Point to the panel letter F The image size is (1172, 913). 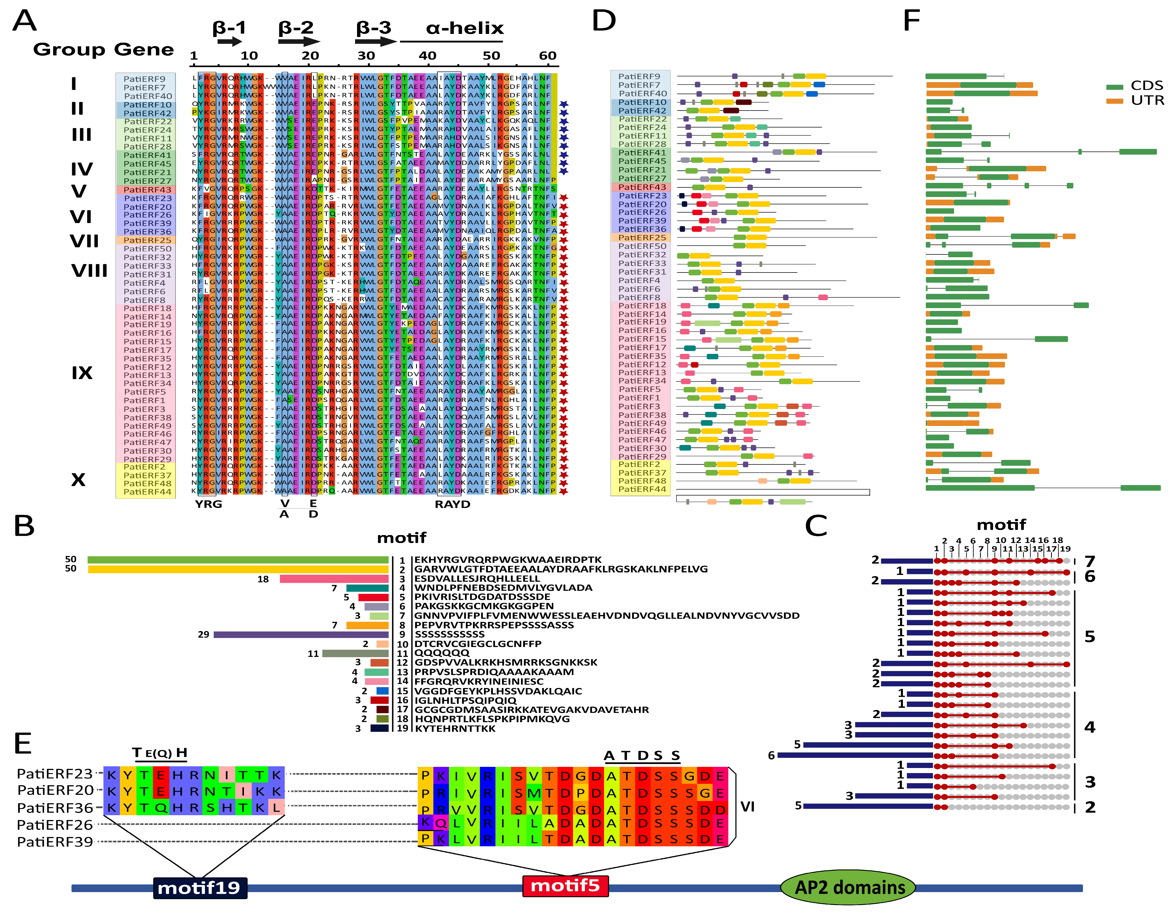[x=911, y=21]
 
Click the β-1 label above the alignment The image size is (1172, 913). [x=229, y=28]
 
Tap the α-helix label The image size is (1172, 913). [x=465, y=28]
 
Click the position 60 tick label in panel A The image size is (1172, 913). [x=547, y=56]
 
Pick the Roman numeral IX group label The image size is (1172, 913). [x=82, y=373]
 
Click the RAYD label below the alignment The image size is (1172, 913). [x=452, y=504]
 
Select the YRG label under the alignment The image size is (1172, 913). [x=208, y=504]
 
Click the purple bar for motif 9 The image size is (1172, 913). [x=300, y=634]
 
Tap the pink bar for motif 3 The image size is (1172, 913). [x=334, y=579]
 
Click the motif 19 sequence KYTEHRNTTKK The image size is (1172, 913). [x=455, y=728]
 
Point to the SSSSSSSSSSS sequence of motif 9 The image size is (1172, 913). [x=449, y=634]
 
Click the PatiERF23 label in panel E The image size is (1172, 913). [x=55, y=773]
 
